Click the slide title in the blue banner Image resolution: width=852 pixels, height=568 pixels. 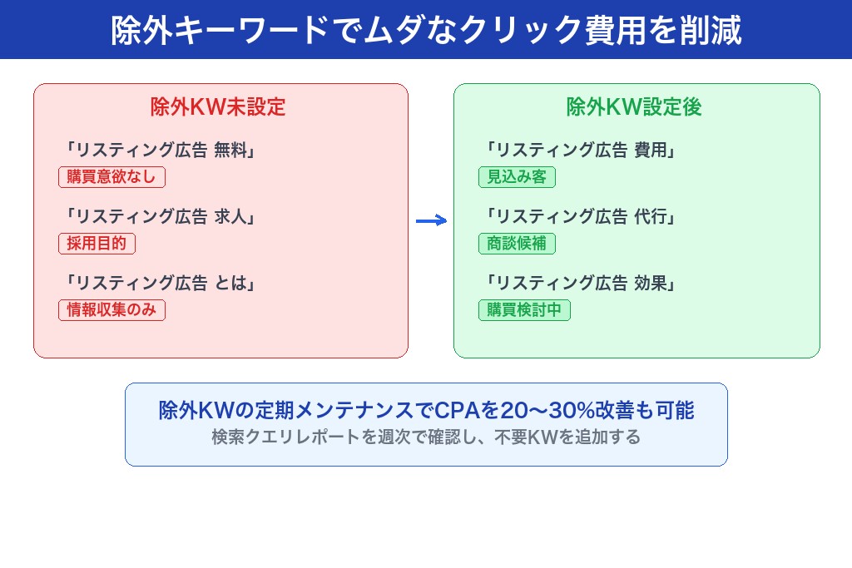pyautogui.click(x=426, y=30)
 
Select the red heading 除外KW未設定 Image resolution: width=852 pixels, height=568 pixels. pyautogui.click(x=218, y=107)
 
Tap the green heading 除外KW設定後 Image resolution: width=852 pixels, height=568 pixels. pyautogui.click(x=634, y=107)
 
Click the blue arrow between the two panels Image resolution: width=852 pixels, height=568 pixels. pyautogui.click(x=431, y=220)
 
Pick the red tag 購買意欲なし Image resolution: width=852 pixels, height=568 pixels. pyautogui.click(x=111, y=177)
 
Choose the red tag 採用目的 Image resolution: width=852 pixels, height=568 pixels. pyautogui.click(x=97, y=244)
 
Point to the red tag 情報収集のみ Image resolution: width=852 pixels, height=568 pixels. pyautogui.click(x=111, y=310)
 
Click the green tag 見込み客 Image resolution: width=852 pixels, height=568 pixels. pyautogui.click(x=517, y=177)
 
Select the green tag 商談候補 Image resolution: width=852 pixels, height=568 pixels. pyautogui.click(x=517, y=244)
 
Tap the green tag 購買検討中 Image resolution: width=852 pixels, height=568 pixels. pyautogui.click(x=524, y=310)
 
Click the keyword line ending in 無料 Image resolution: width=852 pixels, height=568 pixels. pyautogui.click(x=159, y=151)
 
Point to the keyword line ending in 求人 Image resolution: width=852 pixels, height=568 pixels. pyautogui.click(x=159, y=217)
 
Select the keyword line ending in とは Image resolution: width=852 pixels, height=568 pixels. pyautogui.click(x=159, y=284)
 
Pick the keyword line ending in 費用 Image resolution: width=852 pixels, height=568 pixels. pyautogui.click(x=579, y=151)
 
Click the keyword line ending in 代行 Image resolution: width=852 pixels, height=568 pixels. pyautogui.click(x=579, y=217)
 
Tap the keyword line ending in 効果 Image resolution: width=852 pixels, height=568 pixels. pyautogui.click(x=579, y=284)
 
